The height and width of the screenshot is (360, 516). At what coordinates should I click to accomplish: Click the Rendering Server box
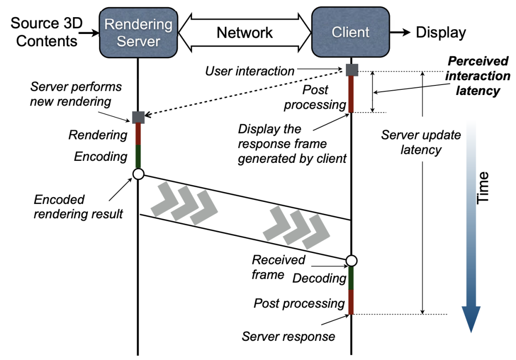point(138,32)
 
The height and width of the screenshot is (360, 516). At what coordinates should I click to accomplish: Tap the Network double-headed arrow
point(244,32)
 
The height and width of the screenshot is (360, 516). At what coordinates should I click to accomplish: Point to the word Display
point(441,32)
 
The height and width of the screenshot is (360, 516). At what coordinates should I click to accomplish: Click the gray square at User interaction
point(352,70)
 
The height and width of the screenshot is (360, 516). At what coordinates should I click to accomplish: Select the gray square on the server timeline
point(138,116)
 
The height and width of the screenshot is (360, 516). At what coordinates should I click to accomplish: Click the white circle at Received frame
point(352,261)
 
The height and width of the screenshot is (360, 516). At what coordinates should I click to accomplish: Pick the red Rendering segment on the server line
point(138,134)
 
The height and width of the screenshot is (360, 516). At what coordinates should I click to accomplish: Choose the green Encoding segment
point(138,157)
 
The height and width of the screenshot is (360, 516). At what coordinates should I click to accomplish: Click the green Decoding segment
point(352,278)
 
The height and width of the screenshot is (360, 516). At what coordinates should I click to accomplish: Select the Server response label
point(288,336)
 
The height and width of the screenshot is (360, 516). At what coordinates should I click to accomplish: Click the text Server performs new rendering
point(76,94)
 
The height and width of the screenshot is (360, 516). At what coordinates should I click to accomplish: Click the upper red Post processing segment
point(352,94)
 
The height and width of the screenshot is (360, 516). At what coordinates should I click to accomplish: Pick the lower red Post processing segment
point(352,302)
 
